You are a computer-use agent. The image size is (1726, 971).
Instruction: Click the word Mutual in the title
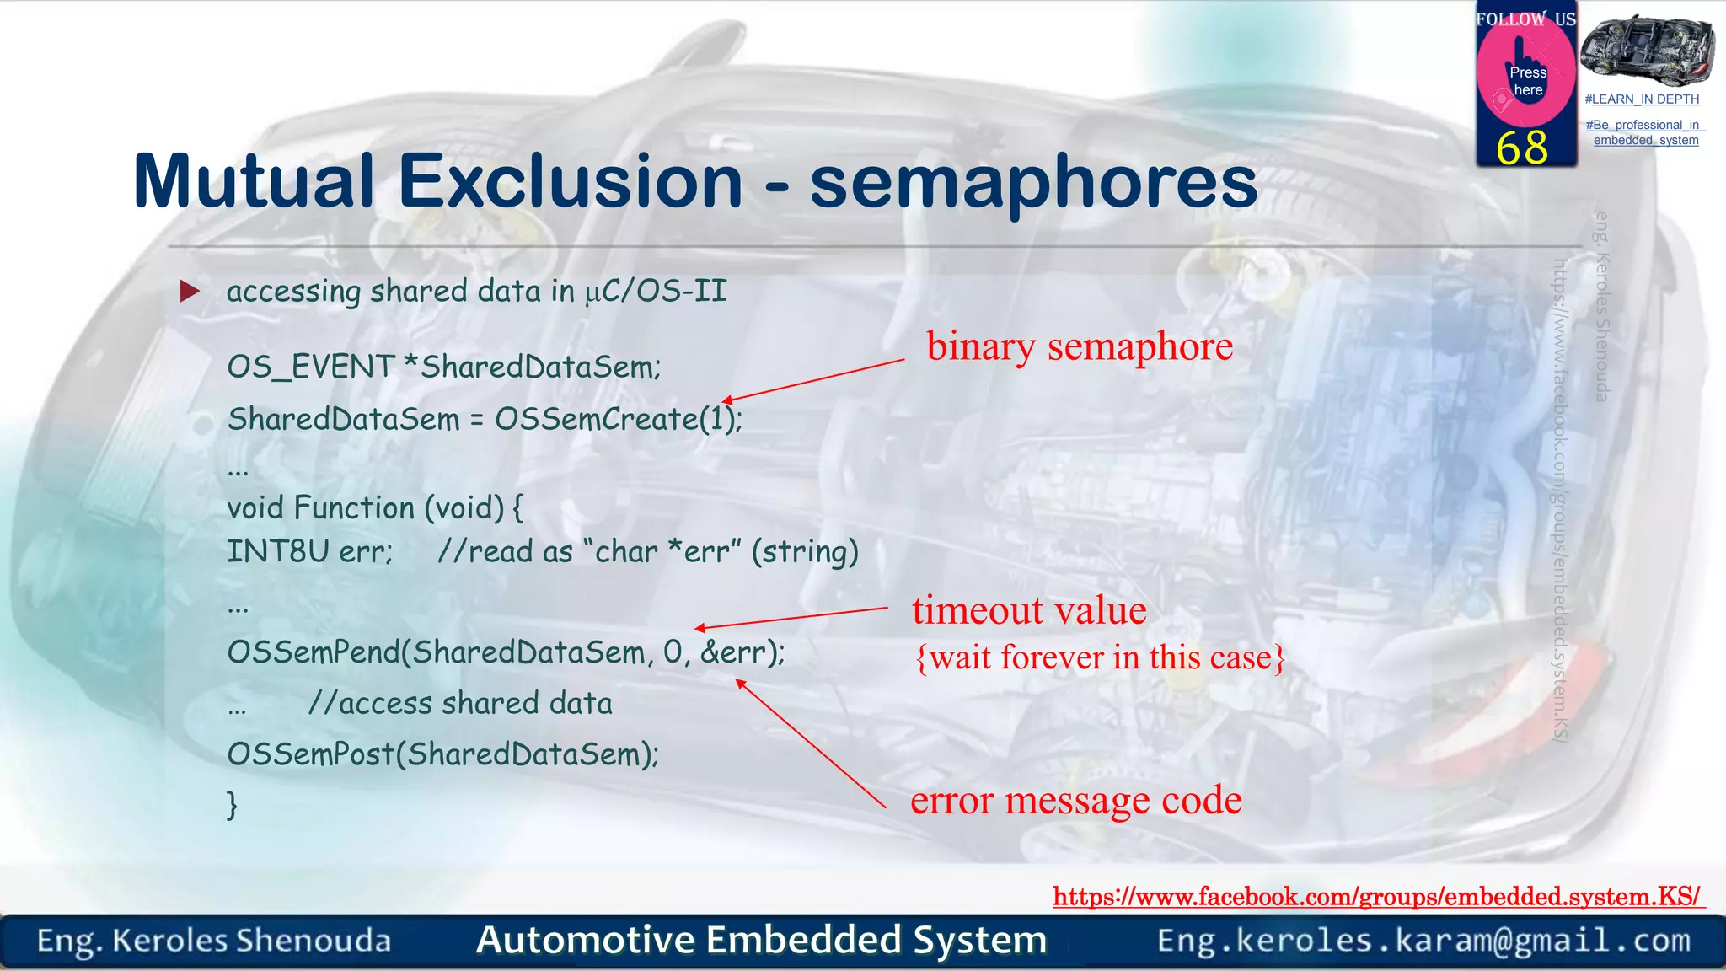click(253, 181)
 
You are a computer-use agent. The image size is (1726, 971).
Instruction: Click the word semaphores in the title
click(1033, 183)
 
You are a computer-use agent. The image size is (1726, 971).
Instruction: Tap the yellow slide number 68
click(1522, 148)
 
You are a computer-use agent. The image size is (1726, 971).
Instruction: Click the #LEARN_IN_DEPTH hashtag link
click(1642, 99)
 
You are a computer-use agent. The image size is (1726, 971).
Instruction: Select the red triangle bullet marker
click(190, 292)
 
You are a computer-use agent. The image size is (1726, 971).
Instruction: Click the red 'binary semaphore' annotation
click(1079, 346)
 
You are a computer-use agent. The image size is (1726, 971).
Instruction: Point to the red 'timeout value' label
click(1028, 609)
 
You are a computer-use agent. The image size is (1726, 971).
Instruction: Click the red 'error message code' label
click(1075, 800)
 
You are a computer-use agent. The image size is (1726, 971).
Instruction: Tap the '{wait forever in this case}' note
click(1100, 657)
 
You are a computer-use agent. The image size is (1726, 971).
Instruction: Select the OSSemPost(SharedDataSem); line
click(443, 754)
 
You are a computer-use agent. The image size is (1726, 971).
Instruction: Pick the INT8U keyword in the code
click(277, 551)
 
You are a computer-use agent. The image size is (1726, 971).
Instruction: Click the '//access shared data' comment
click(460, 703)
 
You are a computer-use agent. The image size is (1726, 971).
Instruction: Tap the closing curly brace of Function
click(233, 805)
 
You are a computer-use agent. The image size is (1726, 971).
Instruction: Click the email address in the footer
click(1423, 940)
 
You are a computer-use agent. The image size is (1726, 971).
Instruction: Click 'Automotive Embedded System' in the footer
click(761, 940)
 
